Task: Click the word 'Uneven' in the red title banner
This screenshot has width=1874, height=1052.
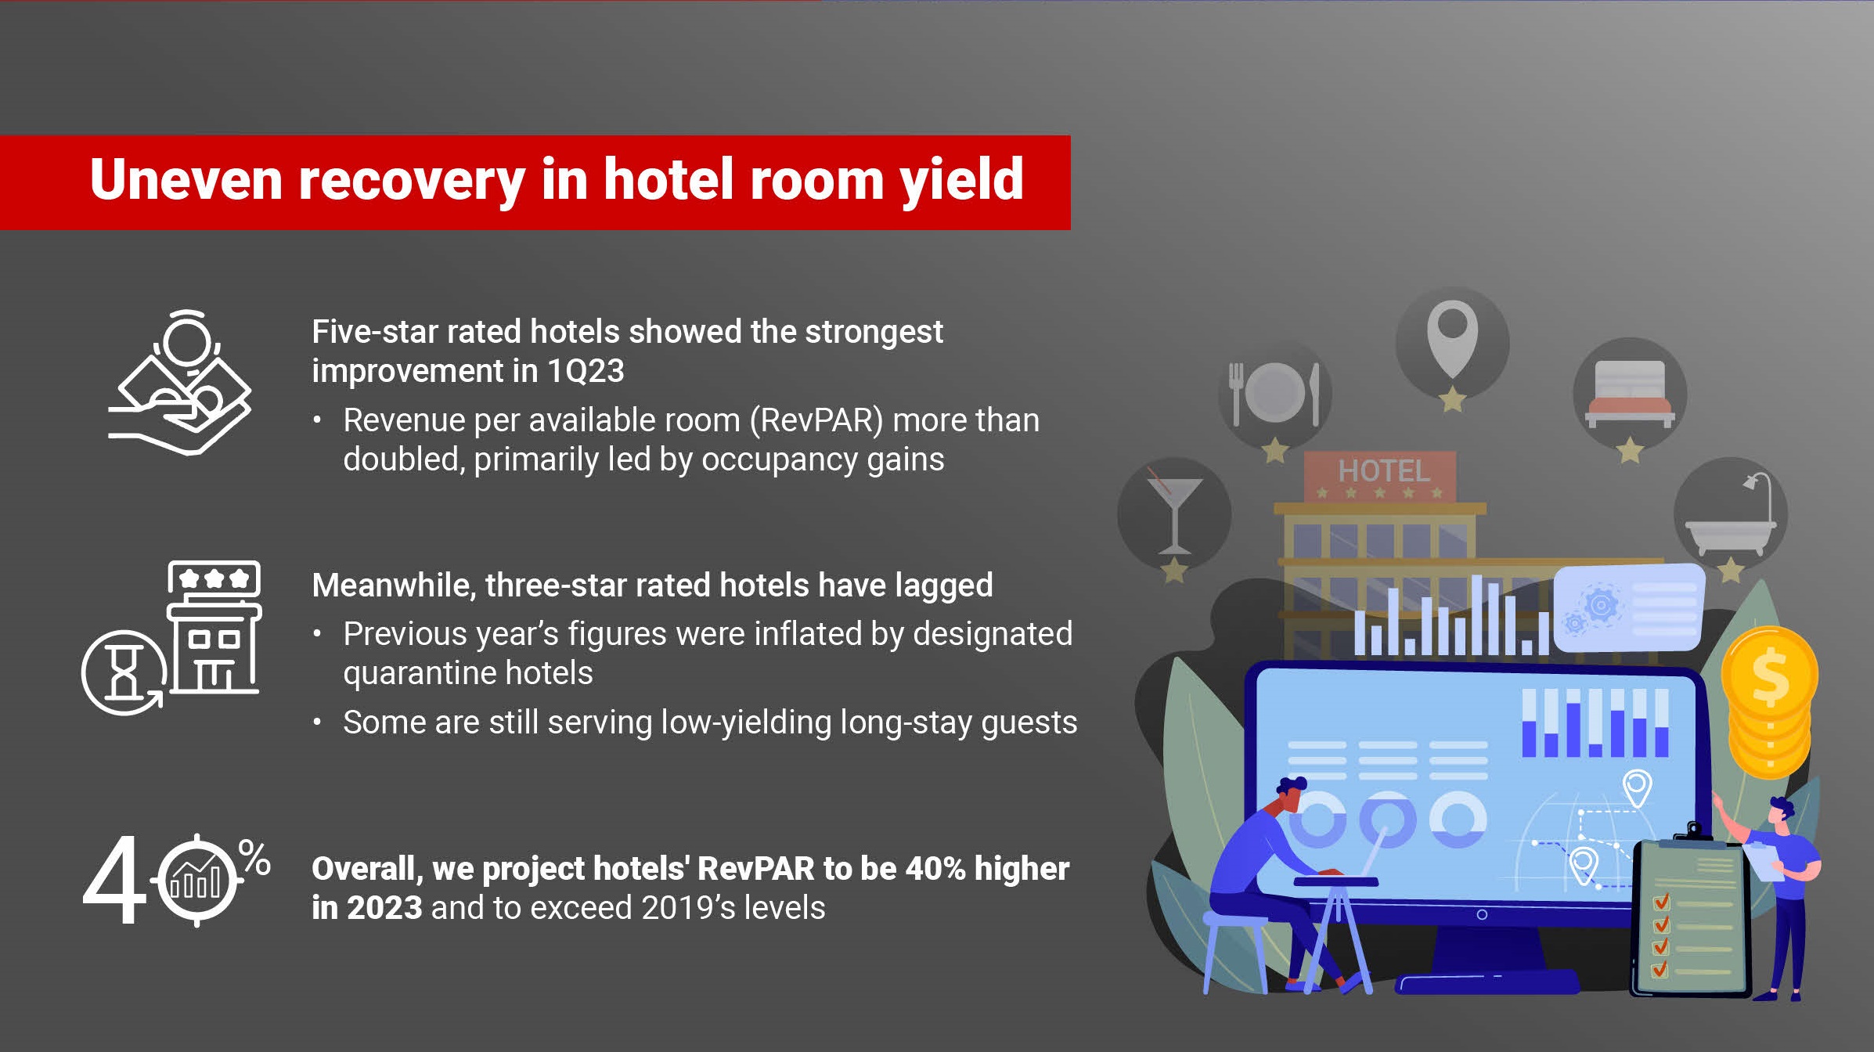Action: pyautogui.click(x=186, y=179)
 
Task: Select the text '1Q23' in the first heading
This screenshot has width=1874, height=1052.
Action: pyautogui.click(x=586, y=370)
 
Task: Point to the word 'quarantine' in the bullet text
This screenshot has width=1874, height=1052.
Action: pyautogui.click(x=420, y=674)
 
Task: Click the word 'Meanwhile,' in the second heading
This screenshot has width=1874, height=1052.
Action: pyautogui.click(x=395, y=585)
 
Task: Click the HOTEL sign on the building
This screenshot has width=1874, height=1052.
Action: pyautogui.click(x=1380, y=476)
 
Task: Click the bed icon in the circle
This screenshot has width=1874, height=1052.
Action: pyautogui.click(x=1630, y=394)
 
